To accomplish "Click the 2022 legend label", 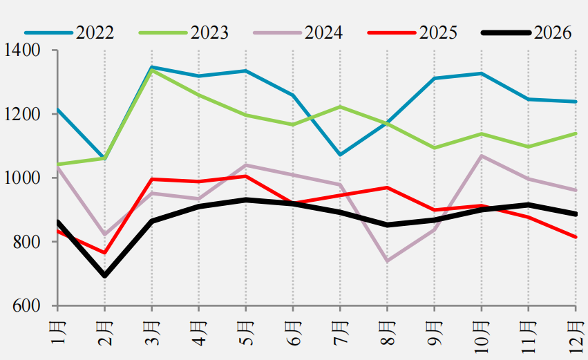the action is [x=95, y=33].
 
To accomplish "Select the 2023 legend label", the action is [x=209, y=33].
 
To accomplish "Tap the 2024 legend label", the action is [x=323, y=33].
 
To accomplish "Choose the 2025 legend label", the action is [x=438, y=33].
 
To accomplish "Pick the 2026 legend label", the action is [x=552, y=33].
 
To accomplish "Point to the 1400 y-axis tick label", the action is [x=21, y=50].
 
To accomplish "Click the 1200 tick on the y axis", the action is [x=21, y=114].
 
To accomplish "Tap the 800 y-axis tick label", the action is [x=26, y=242].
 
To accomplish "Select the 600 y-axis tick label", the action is [x=26, y=305].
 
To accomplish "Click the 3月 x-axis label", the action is [x=152, y=333].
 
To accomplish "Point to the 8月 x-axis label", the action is [x=388, y=333].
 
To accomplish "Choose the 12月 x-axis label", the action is [x=576, y=337].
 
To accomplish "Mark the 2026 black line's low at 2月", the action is [x=104, y=276].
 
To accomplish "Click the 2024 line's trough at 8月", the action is [x=388, y=261].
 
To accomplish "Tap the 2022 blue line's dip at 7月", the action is [x=340, y=155].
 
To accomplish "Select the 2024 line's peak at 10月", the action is [x=482, y=155].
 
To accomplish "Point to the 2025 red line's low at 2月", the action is [x=104, y=253].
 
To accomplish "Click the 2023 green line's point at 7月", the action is [x=340, y=106].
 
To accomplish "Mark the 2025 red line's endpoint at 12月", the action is [x=576, y=237].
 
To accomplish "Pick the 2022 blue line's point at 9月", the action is [x=434, y=78].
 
